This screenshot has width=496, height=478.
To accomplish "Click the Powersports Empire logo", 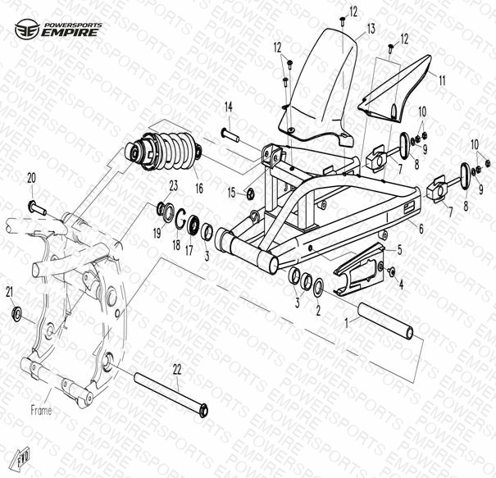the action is pos(58,29).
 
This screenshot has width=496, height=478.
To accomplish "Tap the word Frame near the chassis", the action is pos(41,410).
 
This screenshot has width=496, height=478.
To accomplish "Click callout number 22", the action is pos(177,369).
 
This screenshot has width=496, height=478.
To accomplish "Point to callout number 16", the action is pos(199,189).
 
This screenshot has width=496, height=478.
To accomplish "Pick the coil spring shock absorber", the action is pos(163,151).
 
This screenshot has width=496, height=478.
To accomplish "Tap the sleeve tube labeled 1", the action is pos(386,321).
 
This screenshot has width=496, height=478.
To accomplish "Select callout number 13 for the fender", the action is pos(371,29).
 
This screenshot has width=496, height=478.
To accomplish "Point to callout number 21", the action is pos(10,292).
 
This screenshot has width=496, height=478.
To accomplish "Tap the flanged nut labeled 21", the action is pos(16,313).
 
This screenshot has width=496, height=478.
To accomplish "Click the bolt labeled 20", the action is pos(38,208).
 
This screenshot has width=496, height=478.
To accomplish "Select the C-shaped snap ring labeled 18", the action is pos(180,218).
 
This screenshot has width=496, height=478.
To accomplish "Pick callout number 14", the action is pos(229,107).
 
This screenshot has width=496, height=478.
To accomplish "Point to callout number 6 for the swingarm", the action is pos(421,229).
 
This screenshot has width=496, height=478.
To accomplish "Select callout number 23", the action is pos(174,185).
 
